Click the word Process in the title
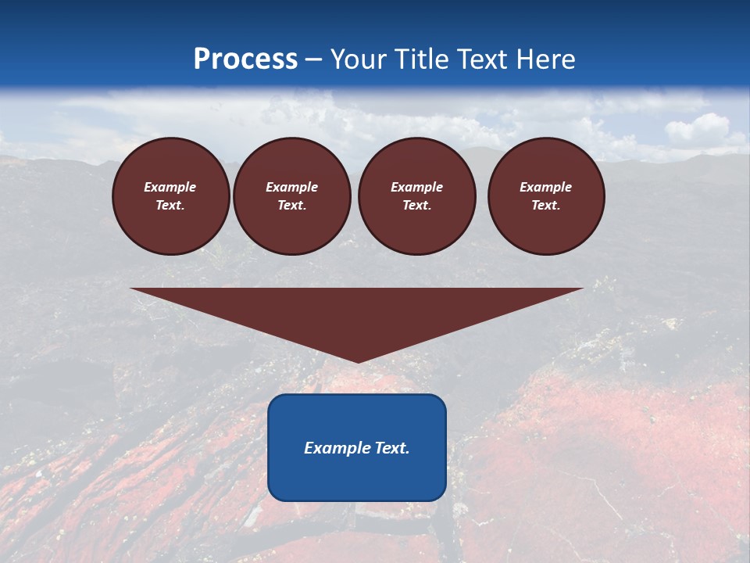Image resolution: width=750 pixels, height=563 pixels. pyautogui.click(x=245, y=59)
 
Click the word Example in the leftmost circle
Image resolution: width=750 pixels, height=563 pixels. pyautogui.click(x=170, y=187)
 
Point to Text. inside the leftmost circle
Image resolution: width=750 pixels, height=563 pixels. pyautogui.click(x=170, y=206)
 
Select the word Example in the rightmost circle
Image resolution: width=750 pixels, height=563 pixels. pyautogui.click(x=546, y=187)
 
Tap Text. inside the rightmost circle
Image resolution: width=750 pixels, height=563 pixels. pyautogui.click(x=546, y=206)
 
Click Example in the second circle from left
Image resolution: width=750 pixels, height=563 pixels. pyautogui.click(x=292, y=187)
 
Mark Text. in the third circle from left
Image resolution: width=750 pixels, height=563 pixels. pyautogui.click(x=416, y=206)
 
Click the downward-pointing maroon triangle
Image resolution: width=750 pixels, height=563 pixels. pyautogui.click(x=357, y=313)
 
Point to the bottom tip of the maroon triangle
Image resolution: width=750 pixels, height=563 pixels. pyautogui.click(x=357, y=360)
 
